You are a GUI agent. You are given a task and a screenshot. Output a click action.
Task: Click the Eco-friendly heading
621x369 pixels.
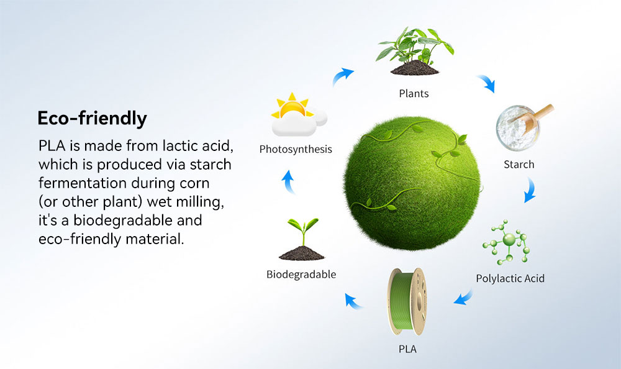(x=93, y=119)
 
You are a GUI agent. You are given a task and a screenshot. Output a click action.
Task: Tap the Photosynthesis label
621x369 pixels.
(x=296, y=150)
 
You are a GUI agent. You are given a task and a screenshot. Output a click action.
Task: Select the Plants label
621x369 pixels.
(x=414, y=94)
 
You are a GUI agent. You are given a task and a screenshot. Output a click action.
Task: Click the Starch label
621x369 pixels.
(x=519, y=164)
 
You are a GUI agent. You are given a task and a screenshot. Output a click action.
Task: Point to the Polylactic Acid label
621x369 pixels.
(x=510, y=278)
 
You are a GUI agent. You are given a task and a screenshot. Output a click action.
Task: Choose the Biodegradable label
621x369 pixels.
(x=301, y=275)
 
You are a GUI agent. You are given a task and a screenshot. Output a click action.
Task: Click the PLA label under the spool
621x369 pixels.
(x=407, y=349)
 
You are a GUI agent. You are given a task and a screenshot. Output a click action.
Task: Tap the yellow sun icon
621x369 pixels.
(x=292, y=106)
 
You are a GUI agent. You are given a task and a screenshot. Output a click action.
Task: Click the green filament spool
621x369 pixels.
(x=407, y=302)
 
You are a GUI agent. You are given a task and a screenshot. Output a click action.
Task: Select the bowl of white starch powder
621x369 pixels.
(x=518, y=128)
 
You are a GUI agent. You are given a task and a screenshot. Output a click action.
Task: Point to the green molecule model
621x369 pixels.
(x=507, y=242)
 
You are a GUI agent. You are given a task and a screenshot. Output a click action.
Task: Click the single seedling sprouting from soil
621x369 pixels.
(x=302, y=239)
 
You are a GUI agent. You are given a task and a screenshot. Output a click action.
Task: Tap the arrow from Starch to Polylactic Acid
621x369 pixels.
(x=531, y=190)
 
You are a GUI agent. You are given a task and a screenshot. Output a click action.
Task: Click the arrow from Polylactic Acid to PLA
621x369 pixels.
(x=463, y=298)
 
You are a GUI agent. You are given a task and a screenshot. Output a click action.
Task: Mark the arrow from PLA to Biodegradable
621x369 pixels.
(x=352, y=301)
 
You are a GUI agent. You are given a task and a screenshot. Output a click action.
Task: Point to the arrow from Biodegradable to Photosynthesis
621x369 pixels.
(x=289, y=181)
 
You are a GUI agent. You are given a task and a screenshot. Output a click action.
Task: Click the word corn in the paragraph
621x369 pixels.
(x=194, y=183)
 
